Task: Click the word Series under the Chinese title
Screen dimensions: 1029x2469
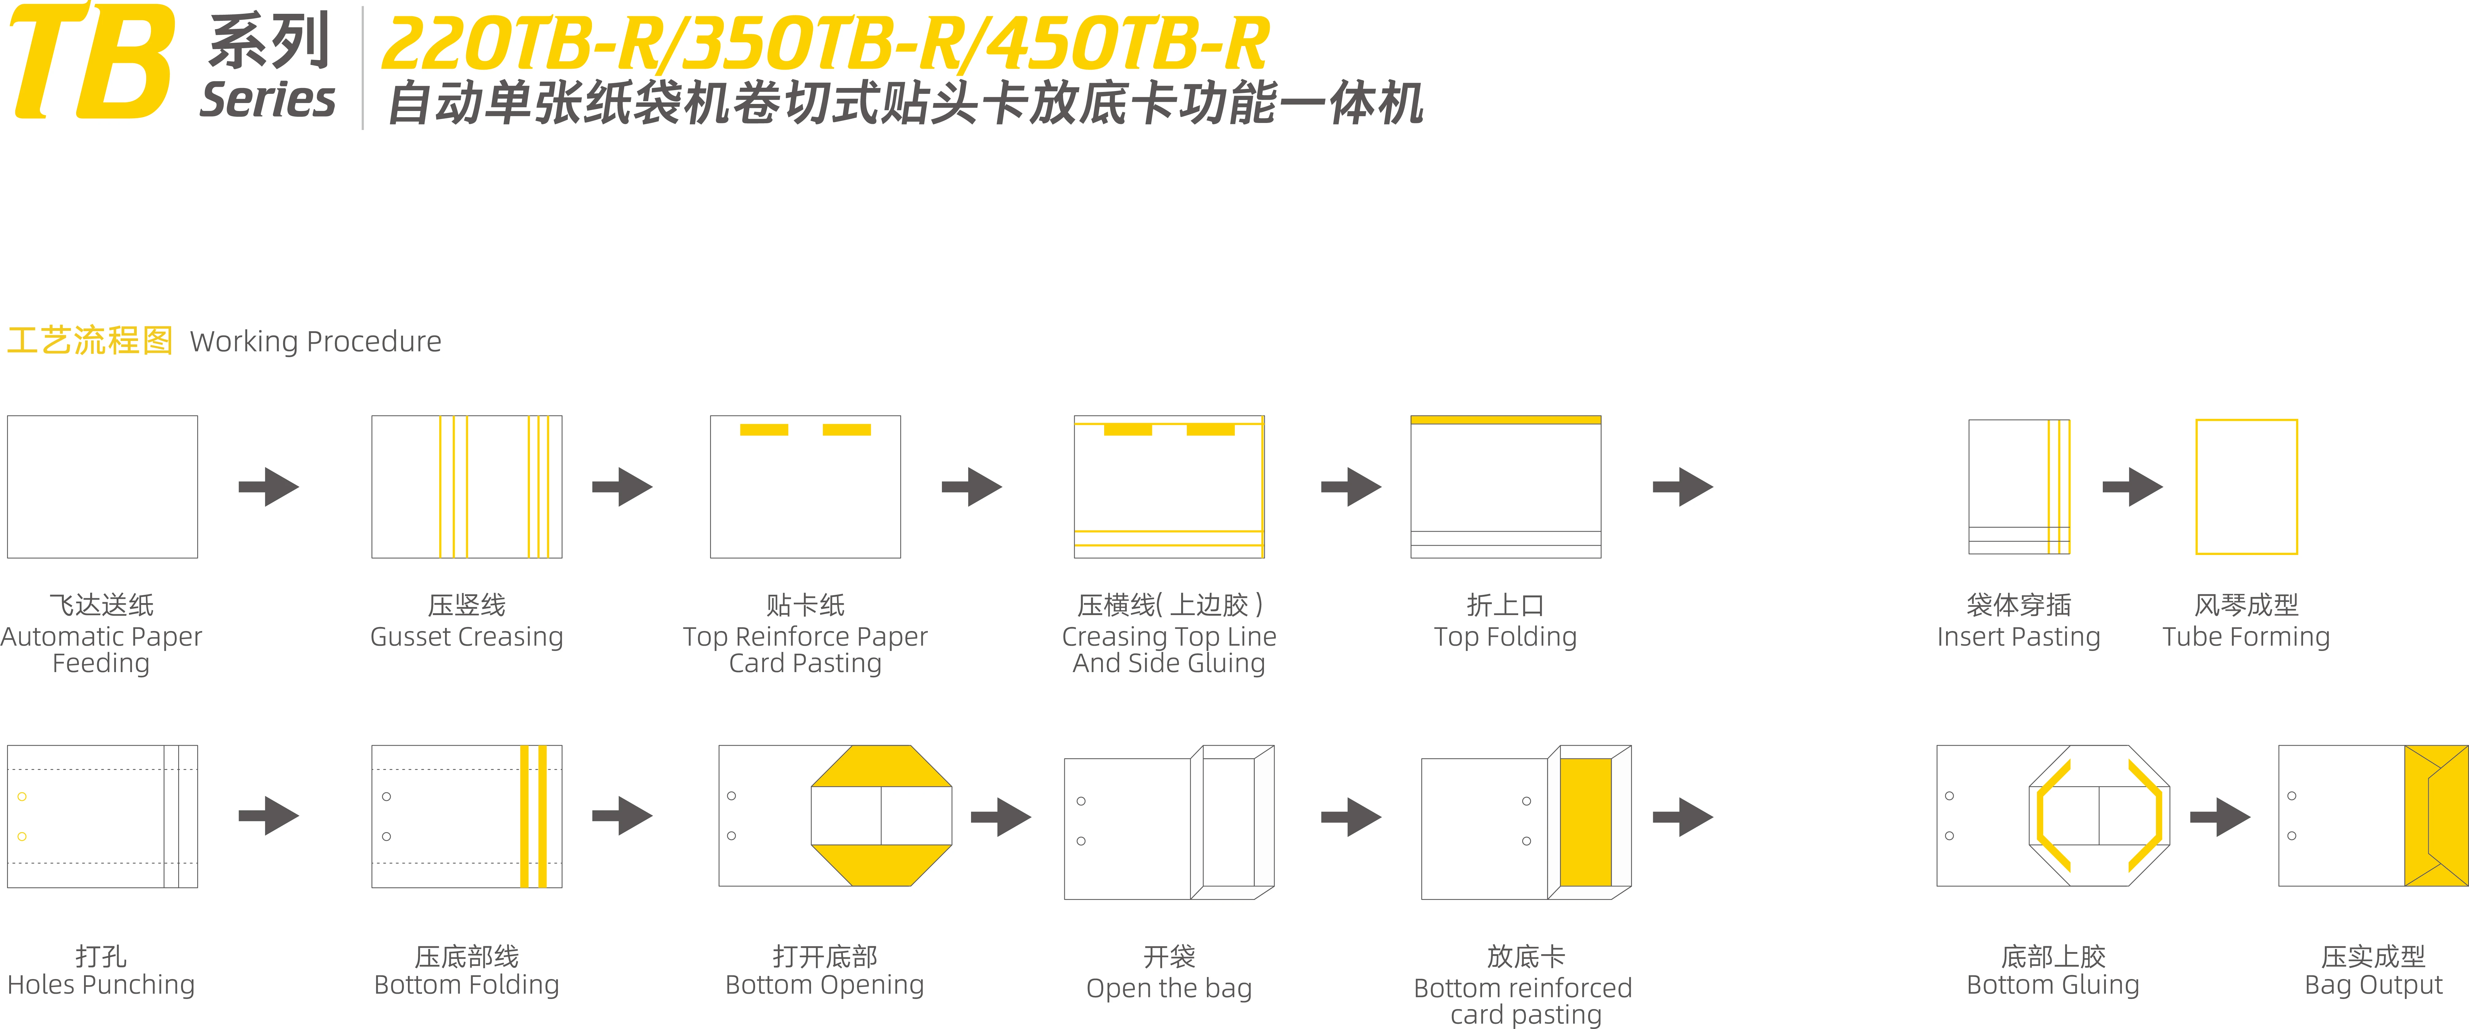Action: click(x=267, y=100)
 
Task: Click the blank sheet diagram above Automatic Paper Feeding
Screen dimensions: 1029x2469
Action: click(x=102, y=487)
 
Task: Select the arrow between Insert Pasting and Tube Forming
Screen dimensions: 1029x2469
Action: click(x=2133, y=487)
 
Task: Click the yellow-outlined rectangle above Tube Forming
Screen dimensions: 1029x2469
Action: click(x=2247, y=487)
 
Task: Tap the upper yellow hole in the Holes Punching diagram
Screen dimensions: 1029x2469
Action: click(x=22, y=796)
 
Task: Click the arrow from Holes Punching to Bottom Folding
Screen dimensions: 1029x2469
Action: click(x=268, y=816)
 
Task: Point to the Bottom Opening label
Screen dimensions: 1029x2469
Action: click(x=824, y=985)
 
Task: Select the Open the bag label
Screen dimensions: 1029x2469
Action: click(x=1168, y=988)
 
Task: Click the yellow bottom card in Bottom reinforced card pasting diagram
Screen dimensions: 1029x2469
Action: click(x=1585, y=822)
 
